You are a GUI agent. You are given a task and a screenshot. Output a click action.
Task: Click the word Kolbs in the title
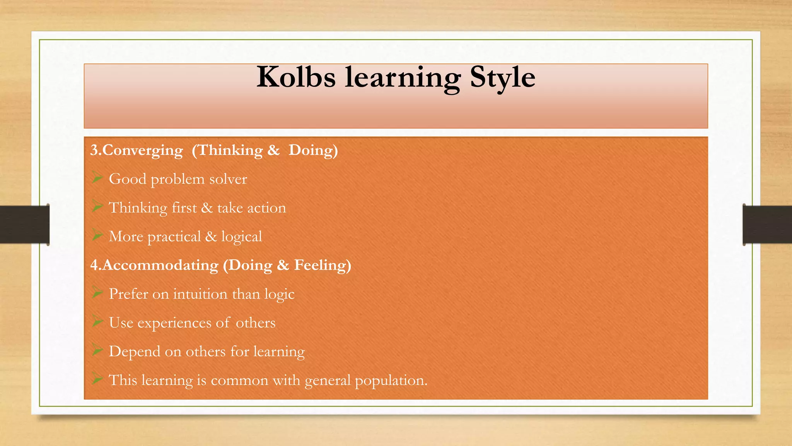[x=296, y=77]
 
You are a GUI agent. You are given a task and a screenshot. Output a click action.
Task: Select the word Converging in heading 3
[x=142, y=150]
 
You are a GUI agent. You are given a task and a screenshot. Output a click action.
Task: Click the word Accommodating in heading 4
[x=160, y=265]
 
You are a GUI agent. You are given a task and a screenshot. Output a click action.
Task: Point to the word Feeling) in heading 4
[x=323, y=265]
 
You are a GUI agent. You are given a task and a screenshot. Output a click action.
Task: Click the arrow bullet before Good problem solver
[x=97, y=178]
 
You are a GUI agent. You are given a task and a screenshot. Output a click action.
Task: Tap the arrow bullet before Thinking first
[x=97, y=207]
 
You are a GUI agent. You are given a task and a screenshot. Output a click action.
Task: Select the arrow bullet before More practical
[x=97, y=236]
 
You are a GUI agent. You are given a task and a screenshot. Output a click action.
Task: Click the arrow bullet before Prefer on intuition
[x=97, y=293]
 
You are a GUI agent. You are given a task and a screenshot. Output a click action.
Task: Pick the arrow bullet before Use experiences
[x=97, y=322]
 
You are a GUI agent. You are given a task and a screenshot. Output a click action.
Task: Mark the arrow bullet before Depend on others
[x=97, y=351]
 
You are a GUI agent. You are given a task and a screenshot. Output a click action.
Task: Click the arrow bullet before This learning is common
[x=97, y=379]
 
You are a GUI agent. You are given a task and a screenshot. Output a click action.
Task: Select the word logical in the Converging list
[x=241, y=237]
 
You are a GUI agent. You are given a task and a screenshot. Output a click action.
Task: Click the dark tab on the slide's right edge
[x=767, y=225]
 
